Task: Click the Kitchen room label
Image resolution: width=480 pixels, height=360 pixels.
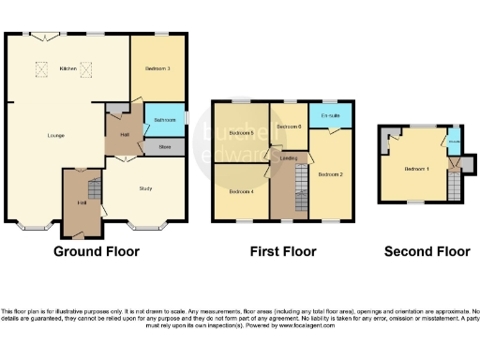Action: pyautogui.click(x=67, y=68)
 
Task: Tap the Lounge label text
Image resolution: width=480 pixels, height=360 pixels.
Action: pyautogui.click(x=56, y=136)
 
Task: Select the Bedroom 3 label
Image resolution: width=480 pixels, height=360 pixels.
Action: pyautogui.click(x=157, y=68)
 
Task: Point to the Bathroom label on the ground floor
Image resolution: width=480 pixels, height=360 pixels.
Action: pyautogui.click(x=165, y=120)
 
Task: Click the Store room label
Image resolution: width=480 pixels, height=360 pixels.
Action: pyautogui.click(x=165, y=146)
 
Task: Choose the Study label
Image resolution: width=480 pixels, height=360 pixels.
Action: pyautogui.click(x=145, y=189)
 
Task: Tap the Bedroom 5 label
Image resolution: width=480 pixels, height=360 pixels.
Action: pyautogui.click(x=242, y=133)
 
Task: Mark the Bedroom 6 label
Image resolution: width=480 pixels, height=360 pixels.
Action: pyautogui.click(x=287, y=126)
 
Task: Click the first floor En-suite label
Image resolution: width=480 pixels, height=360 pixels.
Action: pyautogui.click(x=329, y=116)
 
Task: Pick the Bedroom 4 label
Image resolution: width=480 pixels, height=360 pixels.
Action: pyautogui.click(x=241, y=192)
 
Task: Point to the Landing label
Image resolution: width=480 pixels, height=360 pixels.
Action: pyautogui.click(x=289, y=158)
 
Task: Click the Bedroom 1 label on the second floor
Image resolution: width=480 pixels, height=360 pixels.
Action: pyautogui.click(x=417, y=170)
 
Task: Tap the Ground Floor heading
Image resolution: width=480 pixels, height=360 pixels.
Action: pyautogui.click(x=96, y=251)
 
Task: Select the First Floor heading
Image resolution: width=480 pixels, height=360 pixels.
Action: pyautogui.click(x=282, y=251)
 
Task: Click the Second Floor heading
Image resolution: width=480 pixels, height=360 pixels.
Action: pyautogui.click(x=427, y=251)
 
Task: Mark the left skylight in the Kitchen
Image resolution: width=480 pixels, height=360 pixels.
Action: pyautogui.click(x=41, y=67)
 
